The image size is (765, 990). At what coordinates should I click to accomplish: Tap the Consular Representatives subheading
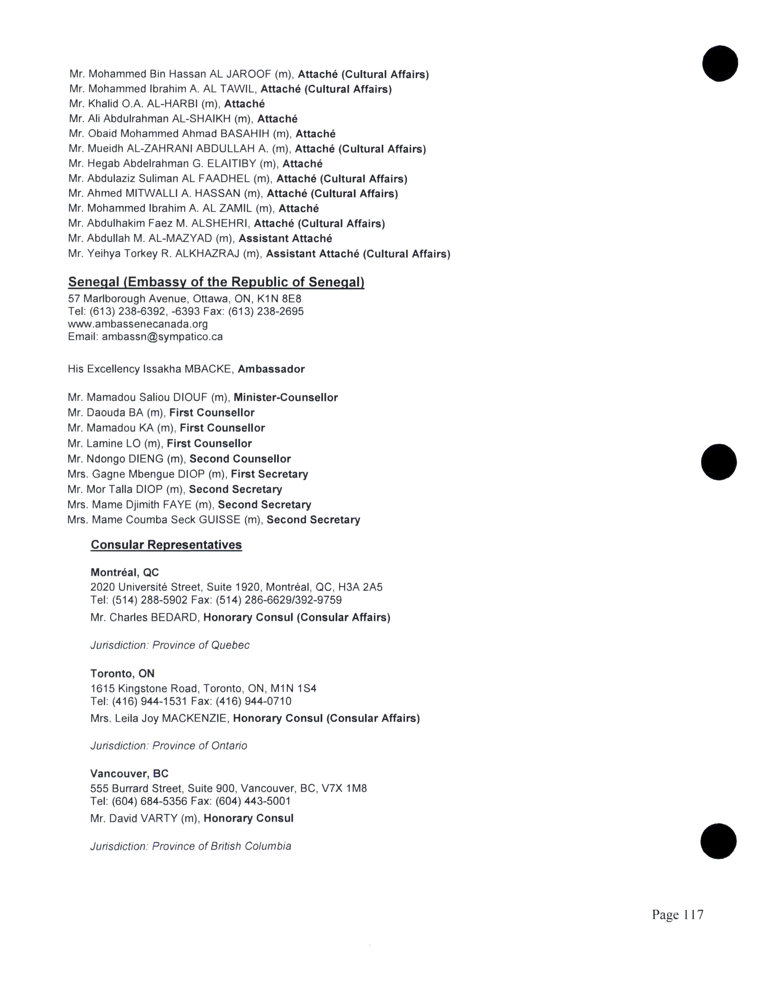click(166, 544)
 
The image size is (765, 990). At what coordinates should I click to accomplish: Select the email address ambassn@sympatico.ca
click(162, 337)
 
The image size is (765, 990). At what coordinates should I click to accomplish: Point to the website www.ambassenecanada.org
click(138, 324)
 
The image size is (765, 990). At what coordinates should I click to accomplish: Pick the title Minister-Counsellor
click(286, 397)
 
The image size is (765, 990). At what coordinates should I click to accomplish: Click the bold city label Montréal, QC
click(124, 572)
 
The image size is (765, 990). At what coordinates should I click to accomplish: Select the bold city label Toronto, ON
click(122, 673)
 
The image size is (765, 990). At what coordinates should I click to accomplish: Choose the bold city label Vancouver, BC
click(129, 773)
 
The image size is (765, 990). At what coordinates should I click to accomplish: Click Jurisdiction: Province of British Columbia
click(190, 846)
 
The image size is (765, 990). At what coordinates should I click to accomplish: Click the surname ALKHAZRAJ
click(207, 253)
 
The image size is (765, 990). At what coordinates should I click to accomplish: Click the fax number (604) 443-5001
click(253, 801)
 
